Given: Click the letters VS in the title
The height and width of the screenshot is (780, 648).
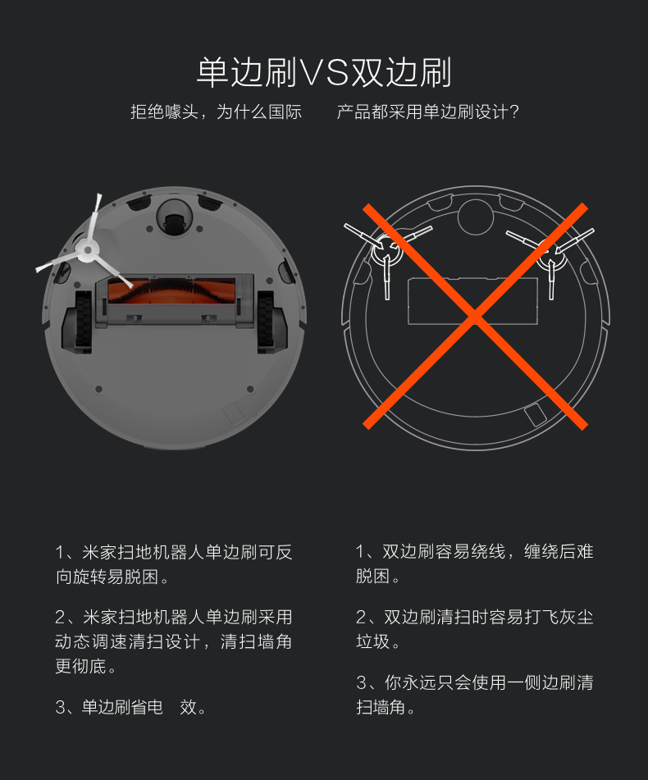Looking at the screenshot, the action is pyautogui.click(x=323, y=73).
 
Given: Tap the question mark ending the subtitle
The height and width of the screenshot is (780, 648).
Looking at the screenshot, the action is pyautogui.click(x=514, y=112).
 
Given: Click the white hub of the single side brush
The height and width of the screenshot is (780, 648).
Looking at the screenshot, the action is pyautogui.click(x=88, y=250).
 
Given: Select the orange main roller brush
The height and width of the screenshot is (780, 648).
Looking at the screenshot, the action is pyautogui.click(x=171, y=292).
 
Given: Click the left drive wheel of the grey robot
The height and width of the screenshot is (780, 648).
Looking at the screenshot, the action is pyautogui.click(x=83, y=322).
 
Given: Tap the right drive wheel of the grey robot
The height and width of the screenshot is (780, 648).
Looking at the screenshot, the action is pyautogui.click(x=265, y=322).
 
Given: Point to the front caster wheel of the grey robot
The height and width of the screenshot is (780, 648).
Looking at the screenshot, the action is pyautogui.click(x=174, y=220).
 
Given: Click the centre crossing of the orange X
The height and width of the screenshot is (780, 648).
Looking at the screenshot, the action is pyautogui.click(x=476, y=316).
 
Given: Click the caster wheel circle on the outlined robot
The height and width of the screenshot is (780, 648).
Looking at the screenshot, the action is pyautogui.click(x=476, y=217).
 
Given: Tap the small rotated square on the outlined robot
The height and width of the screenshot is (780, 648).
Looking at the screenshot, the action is pyautogui.click(x=535, y=414).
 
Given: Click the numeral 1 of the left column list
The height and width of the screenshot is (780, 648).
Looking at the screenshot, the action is pyautogui.click(x=60, y=552).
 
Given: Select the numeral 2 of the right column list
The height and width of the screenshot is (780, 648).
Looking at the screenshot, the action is pyautogui.click(x=361, y=618).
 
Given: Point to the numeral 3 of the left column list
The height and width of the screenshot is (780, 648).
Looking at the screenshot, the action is pyautogui.click(x=60, y=707).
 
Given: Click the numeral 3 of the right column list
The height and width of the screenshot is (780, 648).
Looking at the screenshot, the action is pyautogui.click(x=361, y=682).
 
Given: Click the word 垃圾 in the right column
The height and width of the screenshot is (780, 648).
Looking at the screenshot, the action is pyautogui.click(x=373, y=641).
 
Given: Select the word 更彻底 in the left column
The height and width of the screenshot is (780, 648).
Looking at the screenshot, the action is pyautogui.click(x=80, y=666).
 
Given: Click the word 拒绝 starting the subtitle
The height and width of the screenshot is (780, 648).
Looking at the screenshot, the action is pyautogui.click(x=147, y=112).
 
